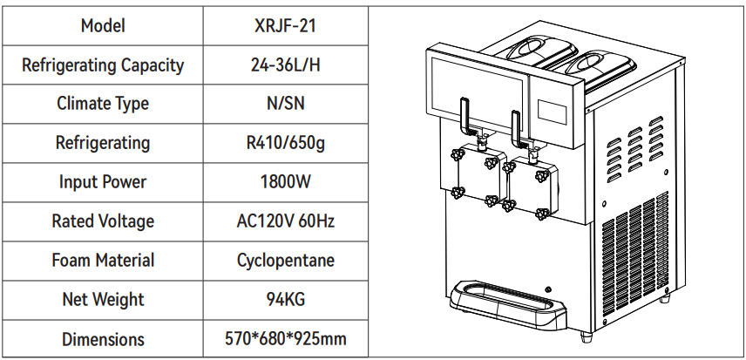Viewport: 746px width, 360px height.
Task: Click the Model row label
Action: [x=103, y=25]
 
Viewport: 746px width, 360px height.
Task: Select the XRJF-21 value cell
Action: [x=285, y=25]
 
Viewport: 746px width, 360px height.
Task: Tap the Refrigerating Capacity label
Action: [x=103, y=65]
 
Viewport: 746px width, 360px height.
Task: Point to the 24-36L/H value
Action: [x=285, y=65]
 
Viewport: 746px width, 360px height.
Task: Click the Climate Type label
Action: [x=103, y=104]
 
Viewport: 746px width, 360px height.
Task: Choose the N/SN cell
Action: [x=285, y=104]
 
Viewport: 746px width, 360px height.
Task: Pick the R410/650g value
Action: [x=285, y=143]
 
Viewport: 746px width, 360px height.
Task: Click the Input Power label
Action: [x=103, y=182]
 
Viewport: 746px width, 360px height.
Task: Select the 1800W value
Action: [x=285, y=182]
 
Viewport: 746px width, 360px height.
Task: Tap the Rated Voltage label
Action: [x=103, y=221]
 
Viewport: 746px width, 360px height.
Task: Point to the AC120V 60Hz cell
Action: [x=285, y=221]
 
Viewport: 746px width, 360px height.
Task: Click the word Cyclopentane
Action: [x=285, y=261]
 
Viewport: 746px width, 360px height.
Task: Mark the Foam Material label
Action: [x=103, y=261]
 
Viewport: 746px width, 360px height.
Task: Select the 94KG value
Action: [x=285, y=300]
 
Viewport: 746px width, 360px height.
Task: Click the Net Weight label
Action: [x=103, y=300]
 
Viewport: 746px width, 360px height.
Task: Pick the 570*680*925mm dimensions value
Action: [x=285, y=339]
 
